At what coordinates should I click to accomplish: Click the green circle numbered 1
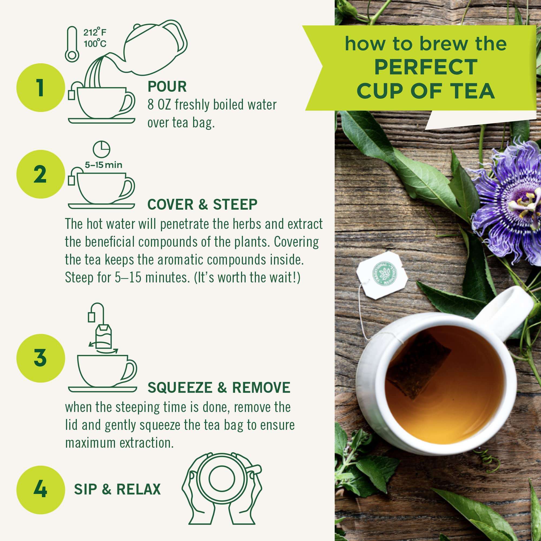(x=41, y=88)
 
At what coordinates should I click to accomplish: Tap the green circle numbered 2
(x=41, y=174)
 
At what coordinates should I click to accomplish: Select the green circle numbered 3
(x=41, y=358)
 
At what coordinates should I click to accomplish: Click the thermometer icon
(x=72, y=44)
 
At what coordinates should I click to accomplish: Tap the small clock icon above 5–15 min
(x=101, y=149)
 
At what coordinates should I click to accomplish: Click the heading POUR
(x=167, y=87)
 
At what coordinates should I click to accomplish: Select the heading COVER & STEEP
(x=202, y=204)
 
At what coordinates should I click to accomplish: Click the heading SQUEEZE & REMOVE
(x=219, y=388)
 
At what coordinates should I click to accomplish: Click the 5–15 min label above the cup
(x=104, y=165)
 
